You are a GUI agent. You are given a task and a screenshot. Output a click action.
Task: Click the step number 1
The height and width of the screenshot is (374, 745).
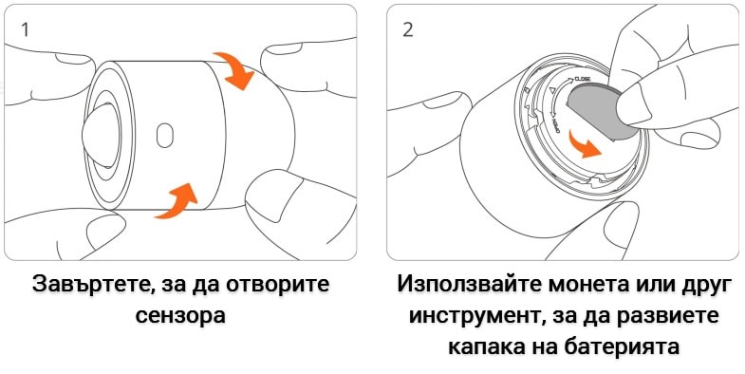[x=26, y=29]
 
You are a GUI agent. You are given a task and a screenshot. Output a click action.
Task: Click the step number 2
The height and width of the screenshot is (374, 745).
[x=408, y=29]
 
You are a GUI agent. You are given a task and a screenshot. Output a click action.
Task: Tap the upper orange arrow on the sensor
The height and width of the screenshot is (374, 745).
[x=233, y=69]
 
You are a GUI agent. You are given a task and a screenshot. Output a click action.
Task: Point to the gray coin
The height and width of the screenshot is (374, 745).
[x=600, y=113]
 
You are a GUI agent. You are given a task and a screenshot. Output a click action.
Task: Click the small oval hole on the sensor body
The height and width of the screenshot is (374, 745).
[x=165, y=135]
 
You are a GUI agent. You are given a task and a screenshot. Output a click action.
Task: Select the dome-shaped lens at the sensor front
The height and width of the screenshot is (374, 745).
[x=100, y=135]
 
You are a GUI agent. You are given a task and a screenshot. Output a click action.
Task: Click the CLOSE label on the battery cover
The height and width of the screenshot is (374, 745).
[x=583, y=79]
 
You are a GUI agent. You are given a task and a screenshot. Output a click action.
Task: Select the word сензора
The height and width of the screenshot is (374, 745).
[x=180, y=315]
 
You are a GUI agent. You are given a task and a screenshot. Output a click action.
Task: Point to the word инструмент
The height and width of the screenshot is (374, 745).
[x=477, y=316]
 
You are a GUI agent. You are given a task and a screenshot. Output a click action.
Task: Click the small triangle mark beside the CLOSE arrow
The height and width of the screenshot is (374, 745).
[x=551, y=91]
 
